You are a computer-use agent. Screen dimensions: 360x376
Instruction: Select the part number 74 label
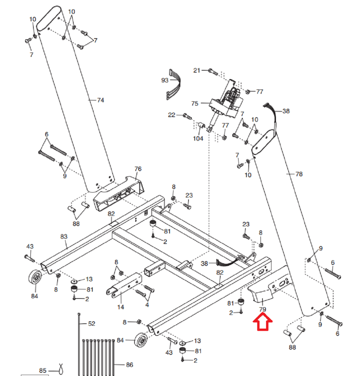pyautogui.click(x=100, y=100)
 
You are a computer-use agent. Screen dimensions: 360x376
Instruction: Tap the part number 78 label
pyautogui.click(x=299, y=174)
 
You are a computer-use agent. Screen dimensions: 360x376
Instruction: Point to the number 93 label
pyautogui.click(x=165, y=80)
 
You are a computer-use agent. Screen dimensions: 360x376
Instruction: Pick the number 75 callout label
pyautogui.click(x=195, y=104)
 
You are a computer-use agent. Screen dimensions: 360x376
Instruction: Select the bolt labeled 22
pyautogui.click(x=187, y=116)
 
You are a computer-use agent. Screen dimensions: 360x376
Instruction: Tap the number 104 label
pyautogui.click(x=198, y=139)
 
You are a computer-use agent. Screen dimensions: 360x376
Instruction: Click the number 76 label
pyautogui.click(x=138, y=169)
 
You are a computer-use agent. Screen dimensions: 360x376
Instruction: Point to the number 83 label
pyautogui.click(x=64, y=237)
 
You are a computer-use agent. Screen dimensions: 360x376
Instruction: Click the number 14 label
pyautogui.click(x=121, y=307)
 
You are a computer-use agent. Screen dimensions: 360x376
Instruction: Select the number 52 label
pyautogui.click(x=92, y=324)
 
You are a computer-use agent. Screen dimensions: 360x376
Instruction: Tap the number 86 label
pyautogui.click(x=130, y=365)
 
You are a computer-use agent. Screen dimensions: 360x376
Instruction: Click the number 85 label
pyautogui.click(x=43, y=371)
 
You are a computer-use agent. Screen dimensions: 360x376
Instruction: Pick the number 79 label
pyautogui.click(x=262, y=310)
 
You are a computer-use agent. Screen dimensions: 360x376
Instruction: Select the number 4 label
pyautogui.click(x=147, y=305)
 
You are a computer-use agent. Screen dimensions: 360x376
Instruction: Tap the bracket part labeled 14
pyautogui.click(x=124, y=285)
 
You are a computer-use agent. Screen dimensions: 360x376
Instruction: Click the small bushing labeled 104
pyautogui.click(x=201, y=125)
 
